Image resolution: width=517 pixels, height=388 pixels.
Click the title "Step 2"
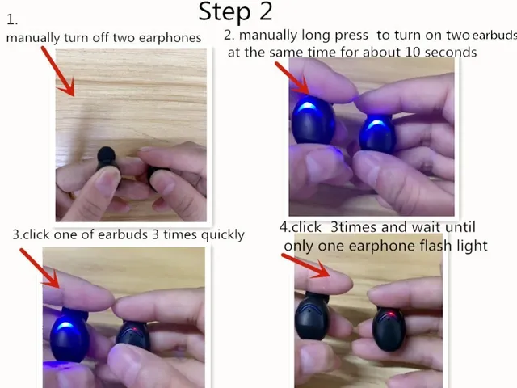[235, 11]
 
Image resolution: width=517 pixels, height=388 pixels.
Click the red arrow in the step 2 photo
[292, 76]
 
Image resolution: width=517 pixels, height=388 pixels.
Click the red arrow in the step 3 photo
[40, 268]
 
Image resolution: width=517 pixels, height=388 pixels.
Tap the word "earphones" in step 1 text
[170, 37]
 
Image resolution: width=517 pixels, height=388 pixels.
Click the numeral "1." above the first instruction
[11, 20]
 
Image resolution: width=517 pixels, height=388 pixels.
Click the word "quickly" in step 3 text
[218, 234]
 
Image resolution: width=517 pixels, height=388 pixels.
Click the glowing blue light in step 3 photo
[65, 329]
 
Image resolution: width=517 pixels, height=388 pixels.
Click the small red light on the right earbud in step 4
[391, 314]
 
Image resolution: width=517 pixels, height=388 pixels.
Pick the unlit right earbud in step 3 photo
[133, 335]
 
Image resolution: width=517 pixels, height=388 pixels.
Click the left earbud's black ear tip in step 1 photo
[105, 155]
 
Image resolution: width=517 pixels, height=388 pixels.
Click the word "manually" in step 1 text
[32, 37]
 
